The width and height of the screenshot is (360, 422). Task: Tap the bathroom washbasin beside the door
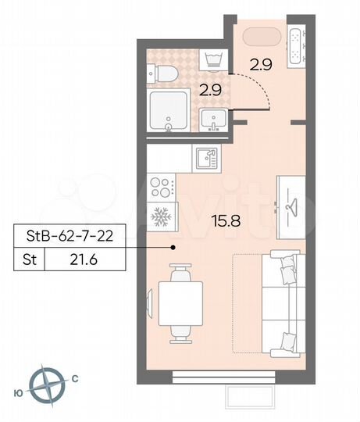click(214, 120)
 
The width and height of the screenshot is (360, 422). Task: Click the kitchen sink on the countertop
click(205, 157)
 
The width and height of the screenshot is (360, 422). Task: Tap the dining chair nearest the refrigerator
click(181, 274)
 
